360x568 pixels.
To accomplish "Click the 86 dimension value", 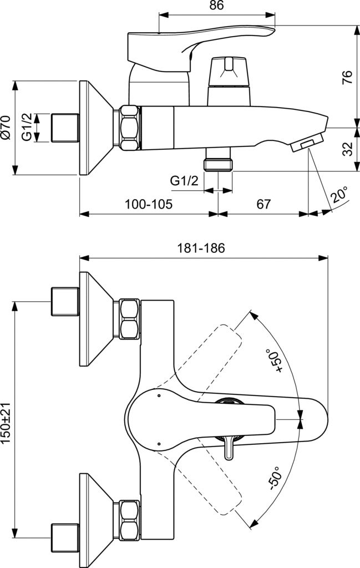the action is pos(216,6).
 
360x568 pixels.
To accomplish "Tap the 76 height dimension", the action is pos(347,77).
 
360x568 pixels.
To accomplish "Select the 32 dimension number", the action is pos(347,149).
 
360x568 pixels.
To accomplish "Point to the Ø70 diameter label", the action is pos(6,127).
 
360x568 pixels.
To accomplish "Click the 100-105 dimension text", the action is pos(149,204).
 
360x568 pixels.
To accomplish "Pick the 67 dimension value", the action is pos(263,204).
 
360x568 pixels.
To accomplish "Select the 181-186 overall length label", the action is pos(201,248).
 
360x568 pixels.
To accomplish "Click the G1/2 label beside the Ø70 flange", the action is pos(27,127).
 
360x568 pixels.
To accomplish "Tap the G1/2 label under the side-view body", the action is pos(184,180).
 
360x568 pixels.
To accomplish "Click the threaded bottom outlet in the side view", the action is pos(218,159).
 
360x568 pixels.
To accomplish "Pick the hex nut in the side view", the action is pos(129,128).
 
